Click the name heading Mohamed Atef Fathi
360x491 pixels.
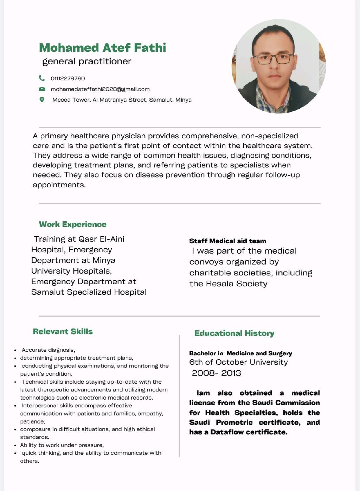point(102,47)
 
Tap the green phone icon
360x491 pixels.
point(42,78)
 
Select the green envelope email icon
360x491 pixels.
point(42,89)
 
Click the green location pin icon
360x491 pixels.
point(42,100)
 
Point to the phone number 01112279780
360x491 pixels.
point(68,78)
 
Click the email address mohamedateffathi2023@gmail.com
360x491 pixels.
point(100,89)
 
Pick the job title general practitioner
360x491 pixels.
point(86,62)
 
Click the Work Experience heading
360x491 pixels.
point(72,224)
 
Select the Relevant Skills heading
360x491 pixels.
point(63,331)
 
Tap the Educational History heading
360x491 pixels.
point(234,333)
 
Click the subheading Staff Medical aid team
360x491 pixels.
point(227,241)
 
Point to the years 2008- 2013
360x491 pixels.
point(216,373)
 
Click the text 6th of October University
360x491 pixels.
point(238,362)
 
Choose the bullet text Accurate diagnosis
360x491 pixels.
point(48,350)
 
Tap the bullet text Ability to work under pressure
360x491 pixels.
point(62,445)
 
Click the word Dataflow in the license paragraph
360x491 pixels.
point(227,432)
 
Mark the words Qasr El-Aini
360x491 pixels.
point(101,239)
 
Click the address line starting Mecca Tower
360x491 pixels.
point(122,100)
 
